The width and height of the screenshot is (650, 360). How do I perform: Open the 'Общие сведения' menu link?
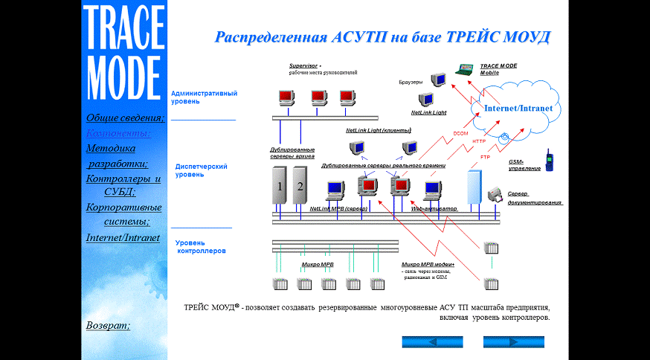pyautogui.click(x=125, y=118)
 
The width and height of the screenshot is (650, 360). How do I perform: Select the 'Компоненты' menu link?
pyautogui.click(x=118, y=133)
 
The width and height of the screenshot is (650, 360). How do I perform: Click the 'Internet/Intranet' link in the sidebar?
pyautogui.click(x=123, y=238)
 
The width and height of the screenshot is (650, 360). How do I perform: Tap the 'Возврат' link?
pyautogui.click(x=108, y=325)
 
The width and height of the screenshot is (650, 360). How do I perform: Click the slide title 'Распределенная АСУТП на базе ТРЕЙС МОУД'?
pyautogui.click(x=382, y=37)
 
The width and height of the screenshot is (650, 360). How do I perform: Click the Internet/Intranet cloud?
pyautogui.click(x=518, y=109)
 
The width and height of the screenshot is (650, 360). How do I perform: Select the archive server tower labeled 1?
pyautogui.click(x=280, y=187)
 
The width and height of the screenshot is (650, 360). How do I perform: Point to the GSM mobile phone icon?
pyautogui.click(x=549, y=160)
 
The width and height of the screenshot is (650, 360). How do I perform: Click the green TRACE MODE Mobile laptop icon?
pyautogui.click(x=466, y=71)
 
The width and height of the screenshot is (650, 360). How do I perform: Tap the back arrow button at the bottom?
pyautogui.click(x=432, y=342)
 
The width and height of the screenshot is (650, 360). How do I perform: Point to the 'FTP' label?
pyautogui.click(x=485, y=157)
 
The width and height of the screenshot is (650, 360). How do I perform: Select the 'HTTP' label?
pyautogui.click(x=479, y=141)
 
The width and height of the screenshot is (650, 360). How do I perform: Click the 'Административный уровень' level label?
pyautogui.click(x=204, y=97)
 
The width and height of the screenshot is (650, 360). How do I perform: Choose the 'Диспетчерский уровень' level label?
pyautogui.click(x=201, y=170)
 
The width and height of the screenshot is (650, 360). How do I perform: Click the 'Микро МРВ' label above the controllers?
pyautogui.click(x=318, y=264)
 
